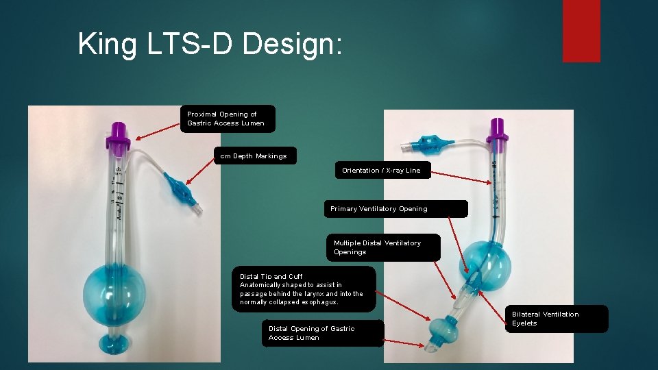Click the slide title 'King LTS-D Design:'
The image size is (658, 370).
point(209,44)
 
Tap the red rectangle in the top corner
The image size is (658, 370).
point(581,30)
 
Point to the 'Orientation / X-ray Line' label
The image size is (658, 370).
point(382,170)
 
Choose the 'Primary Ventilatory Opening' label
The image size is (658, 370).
point(395,208)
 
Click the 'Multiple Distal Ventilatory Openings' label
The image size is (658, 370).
point(382,247)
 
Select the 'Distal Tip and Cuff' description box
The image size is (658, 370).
point(303,289)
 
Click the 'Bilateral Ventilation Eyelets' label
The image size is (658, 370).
point(558,319)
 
